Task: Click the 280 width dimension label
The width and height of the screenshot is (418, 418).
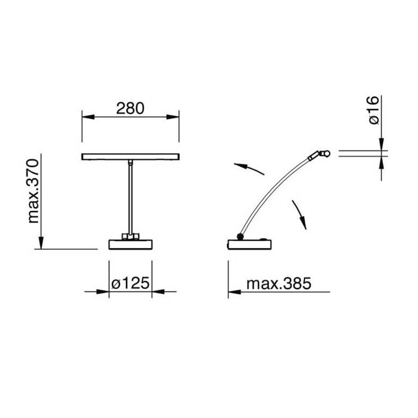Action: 130,108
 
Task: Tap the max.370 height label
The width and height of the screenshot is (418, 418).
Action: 33,191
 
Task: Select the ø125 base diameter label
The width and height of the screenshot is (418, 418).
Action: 130,283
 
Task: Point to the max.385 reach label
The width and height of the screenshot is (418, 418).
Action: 279,284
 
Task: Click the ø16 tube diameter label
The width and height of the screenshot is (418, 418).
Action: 374,110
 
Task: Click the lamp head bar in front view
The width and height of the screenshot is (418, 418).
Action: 131,157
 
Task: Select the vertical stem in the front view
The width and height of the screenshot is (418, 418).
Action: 131,198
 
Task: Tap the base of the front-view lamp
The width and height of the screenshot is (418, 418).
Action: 131,244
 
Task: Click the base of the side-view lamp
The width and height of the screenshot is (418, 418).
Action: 249,244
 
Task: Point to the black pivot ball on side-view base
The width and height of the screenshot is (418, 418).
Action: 240,236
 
